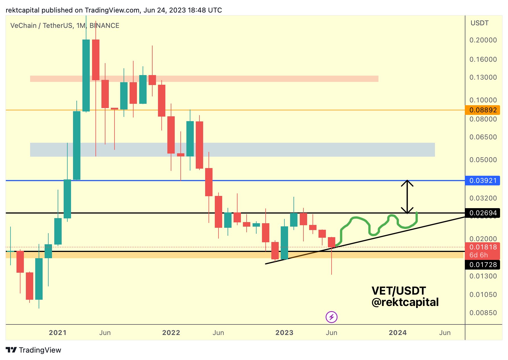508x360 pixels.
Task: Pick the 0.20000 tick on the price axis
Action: (483, 40)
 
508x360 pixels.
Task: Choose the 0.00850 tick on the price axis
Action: (483, 313)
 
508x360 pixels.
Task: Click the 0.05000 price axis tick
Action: (483, 160)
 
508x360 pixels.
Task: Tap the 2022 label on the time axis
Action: (171, 333)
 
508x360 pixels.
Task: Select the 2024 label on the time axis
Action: (397, 333)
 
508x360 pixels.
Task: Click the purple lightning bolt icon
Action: (331, 317)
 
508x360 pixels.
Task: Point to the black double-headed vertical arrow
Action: (407, 197)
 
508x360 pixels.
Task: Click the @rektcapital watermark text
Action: (405, 302)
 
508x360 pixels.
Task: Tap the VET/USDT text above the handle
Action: (399, 291)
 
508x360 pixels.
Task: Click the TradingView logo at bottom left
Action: (34, 350)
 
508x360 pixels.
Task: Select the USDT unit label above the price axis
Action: (479, 23)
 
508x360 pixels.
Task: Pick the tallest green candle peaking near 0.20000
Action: (86, 75)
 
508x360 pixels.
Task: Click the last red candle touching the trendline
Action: (331, 242)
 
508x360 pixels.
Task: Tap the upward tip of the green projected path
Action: (417, 212)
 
